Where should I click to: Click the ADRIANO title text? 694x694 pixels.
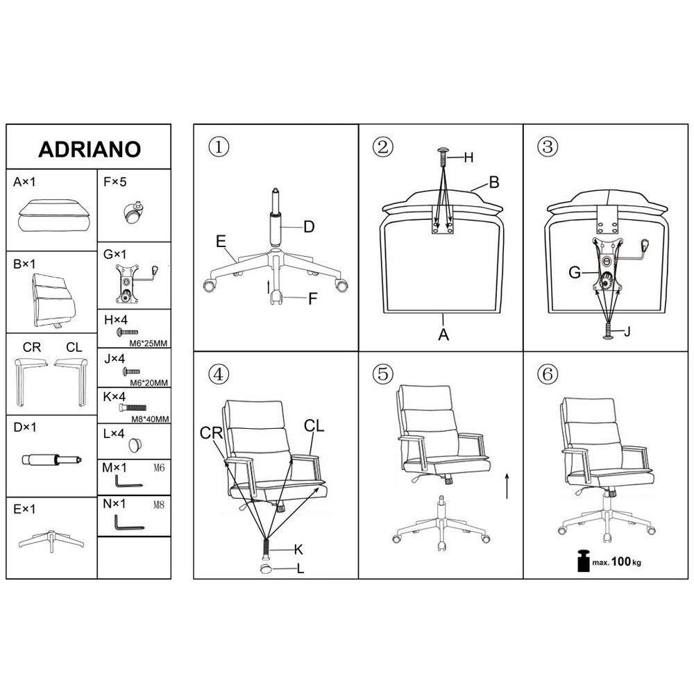[x=90, y=150]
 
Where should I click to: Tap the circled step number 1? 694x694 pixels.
[x=219, y=146]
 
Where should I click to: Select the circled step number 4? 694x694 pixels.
[x=219, y=375]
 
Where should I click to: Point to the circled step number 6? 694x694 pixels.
[x=548, y=375]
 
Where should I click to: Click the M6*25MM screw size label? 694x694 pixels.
[x=149, y=343]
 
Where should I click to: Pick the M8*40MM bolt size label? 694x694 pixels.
[x=151, y=419]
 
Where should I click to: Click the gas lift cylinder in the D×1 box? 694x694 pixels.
[x=52, y=460]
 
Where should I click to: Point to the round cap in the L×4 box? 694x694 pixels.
[x=135, y=445]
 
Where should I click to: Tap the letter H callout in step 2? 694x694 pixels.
[x=468, y=158]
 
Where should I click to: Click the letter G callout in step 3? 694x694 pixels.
[x=575, y=272]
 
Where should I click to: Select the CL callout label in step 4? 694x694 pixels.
[x=314, y=426]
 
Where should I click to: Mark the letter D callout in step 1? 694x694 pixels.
[x=309, y=227]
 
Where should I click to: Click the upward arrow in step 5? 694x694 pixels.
[x=507, y=486]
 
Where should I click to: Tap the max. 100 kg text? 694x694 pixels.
[x=616, y=562]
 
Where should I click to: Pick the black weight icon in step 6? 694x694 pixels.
[x=584, y=560]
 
